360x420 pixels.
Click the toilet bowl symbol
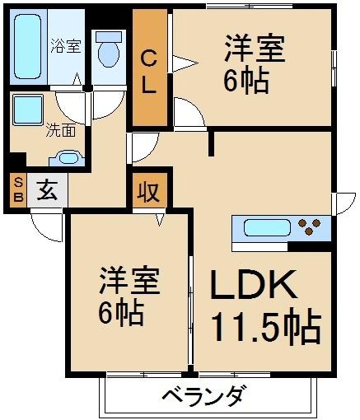(x=108, y=51)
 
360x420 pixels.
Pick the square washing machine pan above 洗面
(x=30, y=108)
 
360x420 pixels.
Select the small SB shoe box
(x=16, y=192)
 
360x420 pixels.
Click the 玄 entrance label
(x=47, y=193)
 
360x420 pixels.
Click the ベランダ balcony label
(x=201, y=396)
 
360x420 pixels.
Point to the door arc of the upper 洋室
(x=188, y=114)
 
